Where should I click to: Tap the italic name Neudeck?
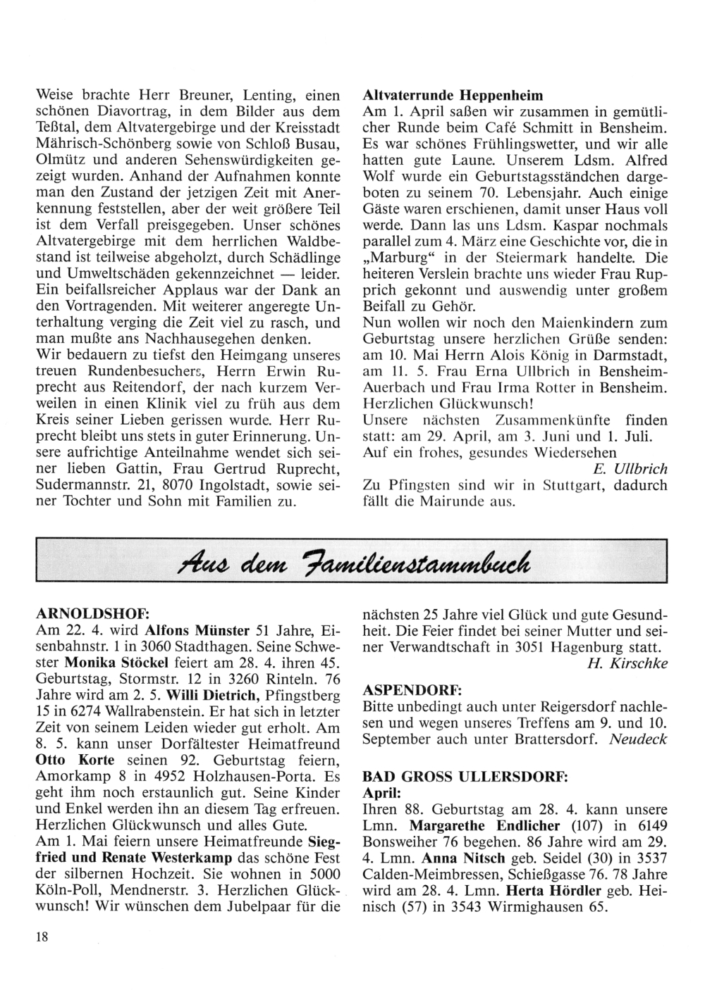pos(638,739)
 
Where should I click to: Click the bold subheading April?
pos(381,793)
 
